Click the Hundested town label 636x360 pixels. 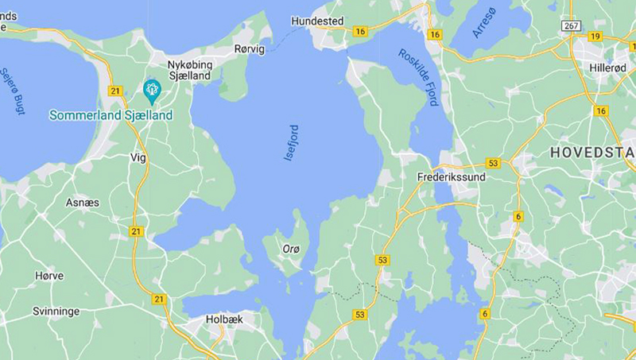(x=317, y=21)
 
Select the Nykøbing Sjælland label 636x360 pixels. (x=188, y=70)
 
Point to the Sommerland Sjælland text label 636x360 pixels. (x=111, y=115)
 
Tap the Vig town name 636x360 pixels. (x=138, y=157)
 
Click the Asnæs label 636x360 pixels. (x=83, y=203)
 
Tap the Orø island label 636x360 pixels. (x=291, y=250)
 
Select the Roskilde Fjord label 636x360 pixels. (x=420, y=77)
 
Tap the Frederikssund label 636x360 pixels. (x=451, y=177)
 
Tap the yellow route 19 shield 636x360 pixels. (x=595, y=36)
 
